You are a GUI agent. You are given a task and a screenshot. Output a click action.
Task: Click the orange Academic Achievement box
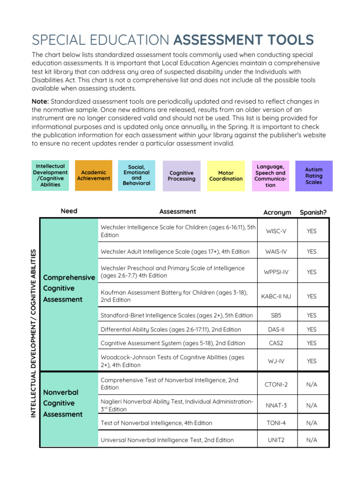coord(94,176)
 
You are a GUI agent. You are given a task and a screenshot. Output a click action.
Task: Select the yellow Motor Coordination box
coord(226,176)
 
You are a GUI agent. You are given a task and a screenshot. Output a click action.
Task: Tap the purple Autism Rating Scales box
coord(314,176)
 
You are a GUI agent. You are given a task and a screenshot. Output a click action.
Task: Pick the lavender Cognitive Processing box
coord(181,176)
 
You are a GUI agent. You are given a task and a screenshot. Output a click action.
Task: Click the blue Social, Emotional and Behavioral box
coord(137,175)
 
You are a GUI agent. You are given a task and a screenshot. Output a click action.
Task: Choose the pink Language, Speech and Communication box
coord(270,176)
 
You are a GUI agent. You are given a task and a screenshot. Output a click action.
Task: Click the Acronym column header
coord(277,212)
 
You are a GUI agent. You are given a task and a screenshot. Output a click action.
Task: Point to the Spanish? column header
coord(313,212)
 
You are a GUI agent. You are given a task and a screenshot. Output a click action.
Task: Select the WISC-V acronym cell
coord(276,231)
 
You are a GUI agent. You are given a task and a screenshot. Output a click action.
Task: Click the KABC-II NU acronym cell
coord(276,296)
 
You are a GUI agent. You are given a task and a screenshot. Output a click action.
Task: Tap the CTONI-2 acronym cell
coord(276,384)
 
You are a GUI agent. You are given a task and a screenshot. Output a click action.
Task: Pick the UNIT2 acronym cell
coord(276,440)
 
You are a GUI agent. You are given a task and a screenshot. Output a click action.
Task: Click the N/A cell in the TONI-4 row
coord(311,423)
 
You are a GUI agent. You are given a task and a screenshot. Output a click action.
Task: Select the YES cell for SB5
coord(311,315)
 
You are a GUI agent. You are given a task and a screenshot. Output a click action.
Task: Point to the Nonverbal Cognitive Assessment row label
coord(63,403)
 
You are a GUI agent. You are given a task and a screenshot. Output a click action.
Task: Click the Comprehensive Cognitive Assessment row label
coord(69,288)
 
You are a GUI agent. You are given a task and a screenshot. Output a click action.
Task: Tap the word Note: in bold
coord(40,102)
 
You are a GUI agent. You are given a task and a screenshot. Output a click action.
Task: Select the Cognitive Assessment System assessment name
coord(173,343)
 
